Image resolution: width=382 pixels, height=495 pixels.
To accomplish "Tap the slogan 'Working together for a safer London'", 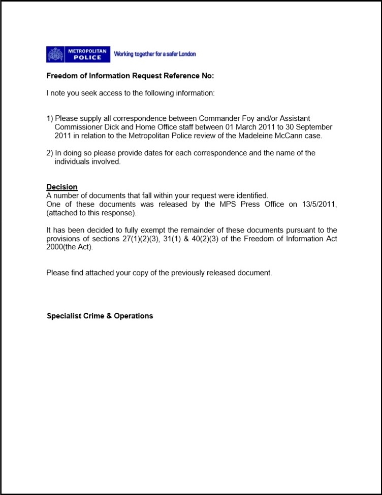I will (154, 54).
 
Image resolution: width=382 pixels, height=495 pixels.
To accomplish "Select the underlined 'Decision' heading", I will (62, 187).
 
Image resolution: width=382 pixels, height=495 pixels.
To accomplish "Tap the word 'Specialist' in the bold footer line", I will (65, 316).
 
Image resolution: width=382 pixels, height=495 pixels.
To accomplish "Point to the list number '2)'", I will (50, 153).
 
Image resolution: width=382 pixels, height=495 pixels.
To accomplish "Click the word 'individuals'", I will (74, 162).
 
